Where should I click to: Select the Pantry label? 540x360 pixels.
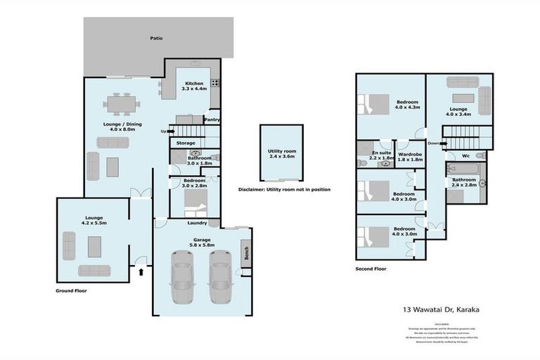(x=212, y=120)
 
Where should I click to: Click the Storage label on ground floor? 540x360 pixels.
(x=186, y=143)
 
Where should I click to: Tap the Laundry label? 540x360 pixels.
(x=196, y=224)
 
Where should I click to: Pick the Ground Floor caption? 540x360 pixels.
(x=70, y=290)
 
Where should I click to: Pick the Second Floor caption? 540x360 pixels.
(x=372, y=269)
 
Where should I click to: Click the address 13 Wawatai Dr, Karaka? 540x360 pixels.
(x=436, y=308)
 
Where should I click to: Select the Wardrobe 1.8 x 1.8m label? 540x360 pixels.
(x=409, y=156)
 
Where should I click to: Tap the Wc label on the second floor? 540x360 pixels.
(x=465, y=156)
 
